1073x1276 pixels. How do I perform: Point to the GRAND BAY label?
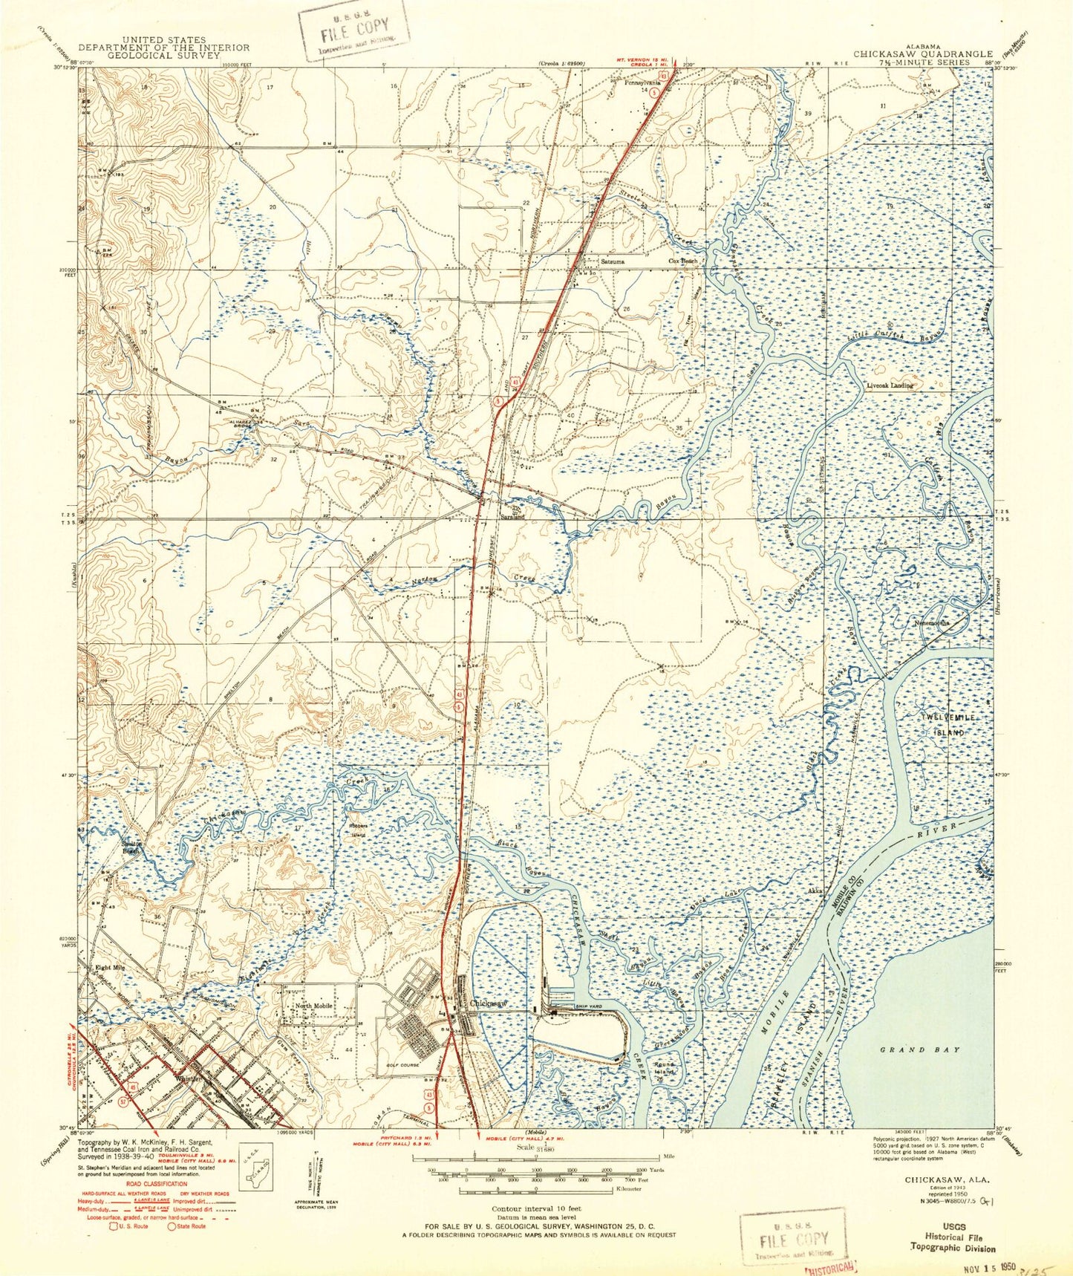pyautogui.click(x=910, y=1049)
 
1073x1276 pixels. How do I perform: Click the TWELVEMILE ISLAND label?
pyautogui.click(x=943, y=724)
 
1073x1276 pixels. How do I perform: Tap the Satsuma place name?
pyautogui.click(x=613, y=261)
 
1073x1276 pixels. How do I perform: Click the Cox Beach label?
pyautogui.click(x=684, y=261)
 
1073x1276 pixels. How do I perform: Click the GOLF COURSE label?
pyautogui.click(x=403, y=1065)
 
